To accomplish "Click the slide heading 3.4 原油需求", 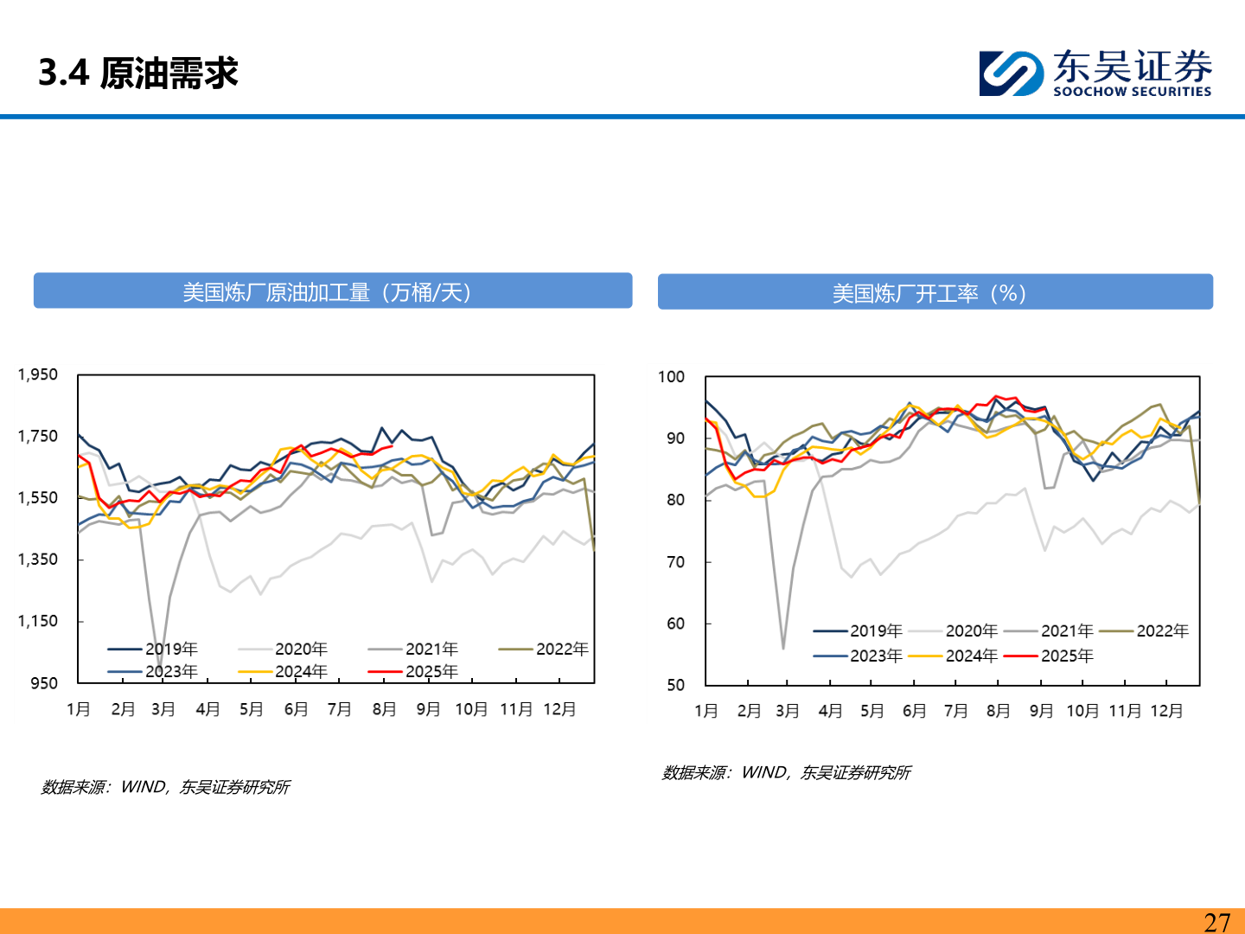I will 138,73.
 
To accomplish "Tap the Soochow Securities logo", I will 1095,73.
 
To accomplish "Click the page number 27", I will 1216,922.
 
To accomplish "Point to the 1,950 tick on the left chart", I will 38,374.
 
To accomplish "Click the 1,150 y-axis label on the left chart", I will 38,621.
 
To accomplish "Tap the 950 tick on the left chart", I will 44,683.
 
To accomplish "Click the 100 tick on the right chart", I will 671,377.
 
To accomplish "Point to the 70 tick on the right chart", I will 675,562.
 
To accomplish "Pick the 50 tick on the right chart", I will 675,685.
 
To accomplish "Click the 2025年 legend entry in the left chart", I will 431,672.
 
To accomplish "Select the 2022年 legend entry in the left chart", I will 561,649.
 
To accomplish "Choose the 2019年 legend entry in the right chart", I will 875,631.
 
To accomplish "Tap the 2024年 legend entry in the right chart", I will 971,656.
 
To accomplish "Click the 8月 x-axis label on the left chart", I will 384,710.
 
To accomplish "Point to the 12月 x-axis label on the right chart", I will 1166,711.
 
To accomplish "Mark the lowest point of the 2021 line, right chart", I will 783,648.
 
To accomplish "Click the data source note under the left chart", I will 165,787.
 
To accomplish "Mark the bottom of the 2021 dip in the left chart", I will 160,666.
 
